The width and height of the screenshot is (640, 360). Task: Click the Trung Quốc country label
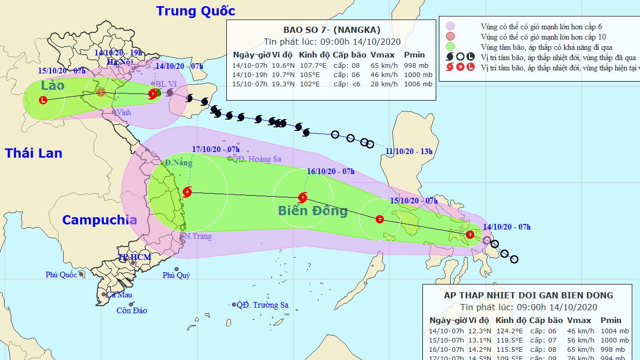point(196,11)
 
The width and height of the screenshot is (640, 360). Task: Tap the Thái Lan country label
point(34,153)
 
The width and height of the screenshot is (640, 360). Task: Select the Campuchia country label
point(100,220)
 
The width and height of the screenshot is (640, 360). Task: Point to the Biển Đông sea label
point(313,211)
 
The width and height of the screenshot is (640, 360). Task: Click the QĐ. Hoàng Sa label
point(257,159)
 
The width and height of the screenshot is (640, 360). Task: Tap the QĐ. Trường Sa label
point(262,305)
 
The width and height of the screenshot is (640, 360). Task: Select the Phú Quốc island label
point(61,275)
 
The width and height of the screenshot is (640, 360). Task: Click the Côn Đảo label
point(131,311)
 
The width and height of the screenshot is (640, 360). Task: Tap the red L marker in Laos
point(43,100)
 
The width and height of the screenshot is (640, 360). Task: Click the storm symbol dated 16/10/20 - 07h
point(303,197)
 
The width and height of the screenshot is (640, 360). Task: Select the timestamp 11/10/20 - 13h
point(409,151)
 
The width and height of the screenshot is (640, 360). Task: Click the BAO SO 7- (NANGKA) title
point(332,30)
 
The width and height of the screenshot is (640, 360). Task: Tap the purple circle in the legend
point(451,26)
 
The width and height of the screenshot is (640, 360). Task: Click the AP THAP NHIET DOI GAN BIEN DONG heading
point(528,295)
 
